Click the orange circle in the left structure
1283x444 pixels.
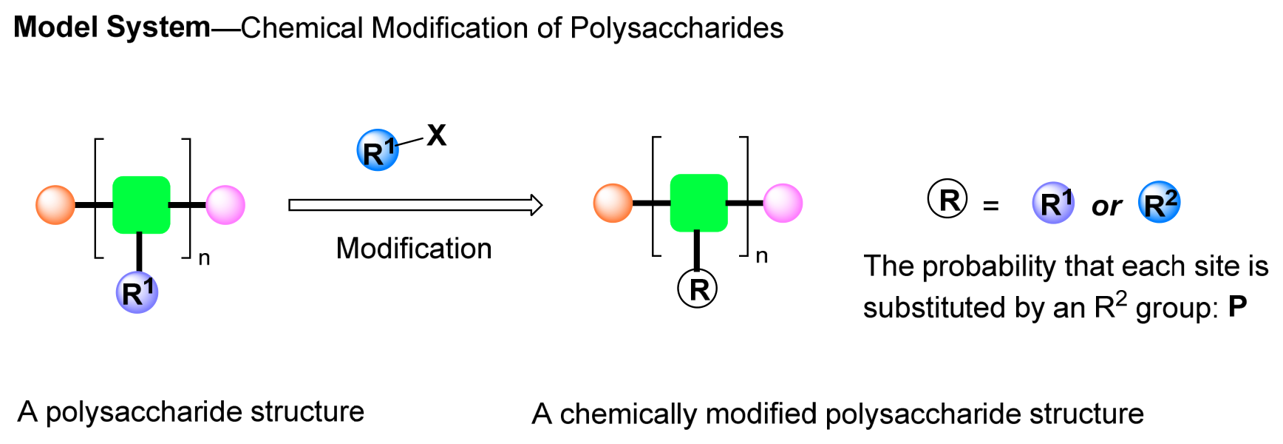(55, 205)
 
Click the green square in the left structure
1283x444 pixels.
(141, 205)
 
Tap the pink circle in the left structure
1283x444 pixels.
(225, 205)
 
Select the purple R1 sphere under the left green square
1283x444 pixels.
(137, 292)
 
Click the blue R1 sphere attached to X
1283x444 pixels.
(378, 150)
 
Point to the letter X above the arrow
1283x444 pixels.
(437, 135)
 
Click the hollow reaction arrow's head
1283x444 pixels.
(537, 205)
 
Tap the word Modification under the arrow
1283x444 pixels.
(414, 249)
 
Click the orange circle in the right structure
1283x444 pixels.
(613, 203)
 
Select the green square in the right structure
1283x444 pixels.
(699, 203)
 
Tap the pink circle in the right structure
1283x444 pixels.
(783, 203)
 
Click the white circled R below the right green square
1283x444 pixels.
(698, 289)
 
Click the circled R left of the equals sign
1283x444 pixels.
(948, 199)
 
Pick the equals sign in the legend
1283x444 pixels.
(991, 206)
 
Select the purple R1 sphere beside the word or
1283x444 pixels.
(1054, 203)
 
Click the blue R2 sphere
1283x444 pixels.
(1160, 203)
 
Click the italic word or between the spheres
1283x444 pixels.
(1106, 206)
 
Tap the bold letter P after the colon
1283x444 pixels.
(1238, 306)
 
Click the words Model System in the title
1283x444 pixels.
(112, 27)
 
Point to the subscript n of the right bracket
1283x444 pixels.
(762, 257)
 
